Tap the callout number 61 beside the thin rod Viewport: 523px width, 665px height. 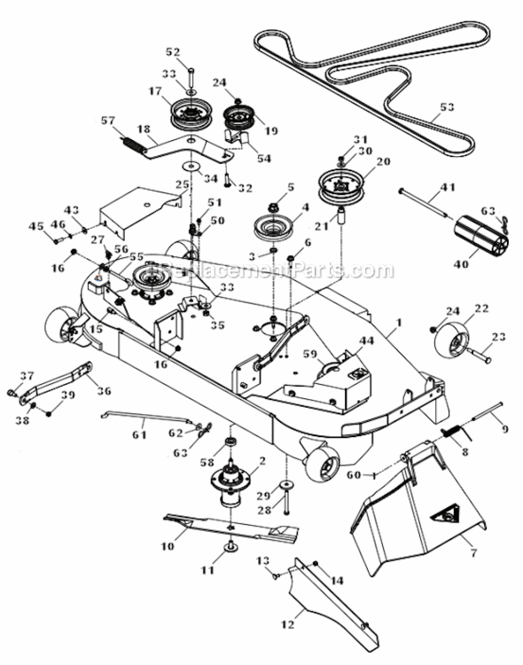tap(138, 434)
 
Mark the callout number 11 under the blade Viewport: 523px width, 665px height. tap(208, 571)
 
